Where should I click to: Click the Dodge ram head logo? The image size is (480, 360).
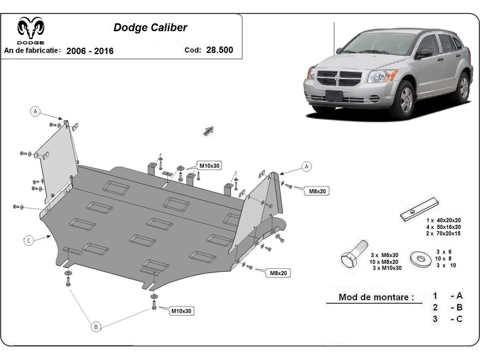[x=31, y=29]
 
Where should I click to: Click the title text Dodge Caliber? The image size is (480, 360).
[x=150, y=28]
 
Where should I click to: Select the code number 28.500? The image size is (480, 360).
[x=220, y=50]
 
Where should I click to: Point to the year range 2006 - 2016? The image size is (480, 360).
[x=90, y=51]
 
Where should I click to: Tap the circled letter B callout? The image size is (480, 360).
[x=96, y=327]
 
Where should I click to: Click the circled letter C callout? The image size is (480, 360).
[x=29, y=240]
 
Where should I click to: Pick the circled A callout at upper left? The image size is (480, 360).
[x=36, y=111]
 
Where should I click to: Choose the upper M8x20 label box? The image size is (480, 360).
[x=318, y=192]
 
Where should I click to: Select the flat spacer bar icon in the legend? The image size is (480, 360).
[x=420, y=209]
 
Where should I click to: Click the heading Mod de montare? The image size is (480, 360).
[x=376, y=297]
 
